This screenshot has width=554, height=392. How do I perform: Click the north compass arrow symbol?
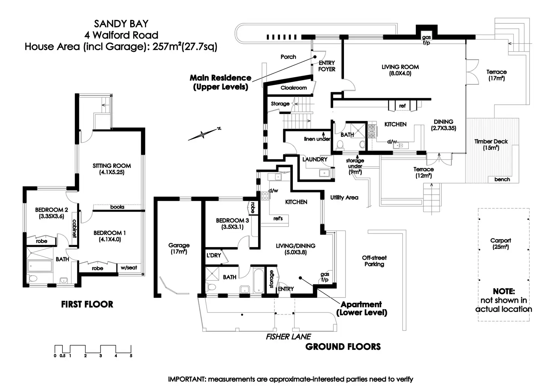tap(204, 134)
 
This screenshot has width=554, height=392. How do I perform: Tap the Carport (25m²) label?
tap(501, 244)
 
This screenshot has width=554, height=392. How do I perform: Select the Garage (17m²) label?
tap(179, 249)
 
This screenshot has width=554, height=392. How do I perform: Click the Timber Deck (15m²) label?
tap(491, 145)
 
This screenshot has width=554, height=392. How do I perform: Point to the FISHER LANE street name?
tap(288, 337)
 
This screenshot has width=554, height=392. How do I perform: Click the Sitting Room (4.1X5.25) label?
tap(112, 169)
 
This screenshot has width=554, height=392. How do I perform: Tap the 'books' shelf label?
tap(117, 207)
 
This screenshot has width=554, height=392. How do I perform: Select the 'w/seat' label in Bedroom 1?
tap(129, 267)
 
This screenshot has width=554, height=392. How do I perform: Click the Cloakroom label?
tap(294, 88)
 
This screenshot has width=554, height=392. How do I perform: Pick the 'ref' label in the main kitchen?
tap(402, 106)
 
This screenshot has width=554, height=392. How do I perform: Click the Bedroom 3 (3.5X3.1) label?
tap(232, 223)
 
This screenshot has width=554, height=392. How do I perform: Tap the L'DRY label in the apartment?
tap(214, 255)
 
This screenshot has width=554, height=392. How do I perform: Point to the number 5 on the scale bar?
tap(131, 355)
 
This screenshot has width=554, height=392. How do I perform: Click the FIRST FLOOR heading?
tap(87, 304)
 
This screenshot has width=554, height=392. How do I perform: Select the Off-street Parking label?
tap(374, 261)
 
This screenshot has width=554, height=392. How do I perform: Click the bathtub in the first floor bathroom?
tap(40, 266)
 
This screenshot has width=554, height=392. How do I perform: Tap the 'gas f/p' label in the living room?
tap(426, 40)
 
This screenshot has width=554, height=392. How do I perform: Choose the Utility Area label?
tap(344, 197)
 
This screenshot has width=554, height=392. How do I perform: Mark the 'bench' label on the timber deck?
tap(502, 179)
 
